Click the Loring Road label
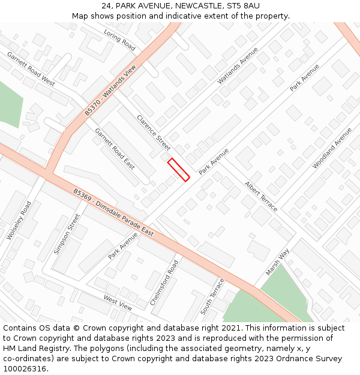click(120, 38)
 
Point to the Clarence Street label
click(154, 133)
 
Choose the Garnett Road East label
click(115, 149)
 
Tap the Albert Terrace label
click(261, 196)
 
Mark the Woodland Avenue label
click(332, 147)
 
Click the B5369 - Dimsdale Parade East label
click(113, 213)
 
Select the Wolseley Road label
click(19, 221)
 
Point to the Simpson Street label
click(66, 233)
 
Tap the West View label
click(118, 302)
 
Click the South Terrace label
click(212, 296)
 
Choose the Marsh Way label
click(278, 262)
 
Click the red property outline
click(179, 169)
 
